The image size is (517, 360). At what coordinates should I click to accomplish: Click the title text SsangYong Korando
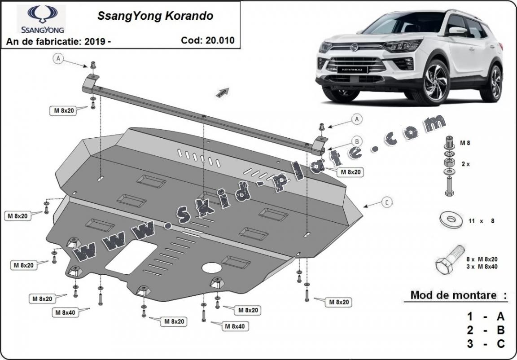tap(155, 17)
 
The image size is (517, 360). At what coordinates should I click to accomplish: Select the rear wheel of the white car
tap(495, 83)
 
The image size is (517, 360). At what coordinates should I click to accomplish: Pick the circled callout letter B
tap(356, 140)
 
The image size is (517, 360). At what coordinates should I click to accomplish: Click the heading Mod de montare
tap(454, 295)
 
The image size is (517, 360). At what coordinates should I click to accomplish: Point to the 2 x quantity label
tap(465, 164)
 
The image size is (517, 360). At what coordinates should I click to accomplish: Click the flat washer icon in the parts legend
tap(451, 220)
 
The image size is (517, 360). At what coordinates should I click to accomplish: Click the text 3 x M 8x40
tap(482, 267)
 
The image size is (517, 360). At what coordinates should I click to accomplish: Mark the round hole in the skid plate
tap(211, 268)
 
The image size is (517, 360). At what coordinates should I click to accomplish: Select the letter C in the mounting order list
tap(500, 344)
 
